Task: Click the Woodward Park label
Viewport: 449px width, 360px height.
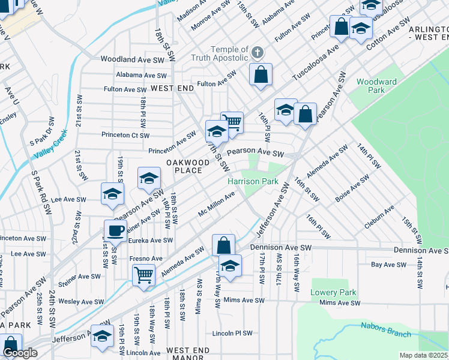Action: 376,86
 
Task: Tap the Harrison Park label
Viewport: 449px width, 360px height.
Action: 252,181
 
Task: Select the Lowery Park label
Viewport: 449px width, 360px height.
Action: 333,292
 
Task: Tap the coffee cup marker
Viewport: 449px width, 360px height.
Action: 115,230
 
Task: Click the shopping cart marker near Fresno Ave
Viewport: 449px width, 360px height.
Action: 144,275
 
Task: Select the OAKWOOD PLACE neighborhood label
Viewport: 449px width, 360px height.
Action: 184,166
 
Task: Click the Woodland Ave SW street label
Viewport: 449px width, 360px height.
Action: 133,59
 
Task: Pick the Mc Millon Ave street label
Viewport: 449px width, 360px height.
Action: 216,206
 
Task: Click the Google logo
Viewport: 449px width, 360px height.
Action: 20,353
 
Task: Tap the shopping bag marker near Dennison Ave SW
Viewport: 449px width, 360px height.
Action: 223,245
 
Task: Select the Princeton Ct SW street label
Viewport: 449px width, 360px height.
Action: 125,135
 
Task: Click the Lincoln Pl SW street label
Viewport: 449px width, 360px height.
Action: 232,333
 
